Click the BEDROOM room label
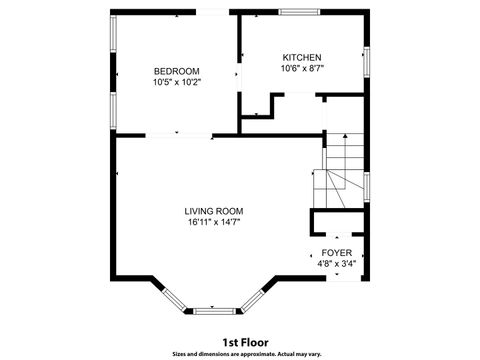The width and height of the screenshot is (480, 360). (x=176, y=70)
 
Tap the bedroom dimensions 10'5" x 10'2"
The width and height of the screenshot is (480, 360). (x=176, y=82)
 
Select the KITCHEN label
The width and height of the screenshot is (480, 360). (x=301, y=57)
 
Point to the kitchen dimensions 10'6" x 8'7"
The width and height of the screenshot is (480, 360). (x=301, y=69)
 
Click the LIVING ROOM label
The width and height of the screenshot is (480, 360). (x=213, y=211)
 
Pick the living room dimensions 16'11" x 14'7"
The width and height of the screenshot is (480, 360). (x=213, y=223)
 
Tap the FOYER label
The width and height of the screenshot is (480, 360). (x=336, y=253)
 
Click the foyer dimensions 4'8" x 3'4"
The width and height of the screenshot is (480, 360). (x=336, y=265)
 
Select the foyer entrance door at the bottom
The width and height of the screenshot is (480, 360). (x=336, y=278)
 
